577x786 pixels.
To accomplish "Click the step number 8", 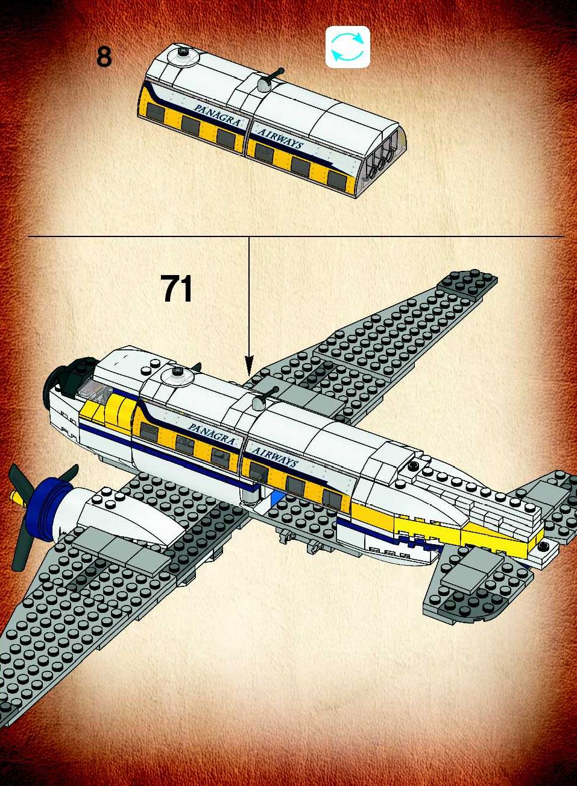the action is (104, 57).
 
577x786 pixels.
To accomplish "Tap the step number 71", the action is (177, 288).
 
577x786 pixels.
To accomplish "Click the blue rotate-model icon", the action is (348, 46).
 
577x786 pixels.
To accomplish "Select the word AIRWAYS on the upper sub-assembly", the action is (280, 139).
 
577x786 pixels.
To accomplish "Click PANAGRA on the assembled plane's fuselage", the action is (212, 434).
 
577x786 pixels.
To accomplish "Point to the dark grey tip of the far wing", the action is (467, 283).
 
